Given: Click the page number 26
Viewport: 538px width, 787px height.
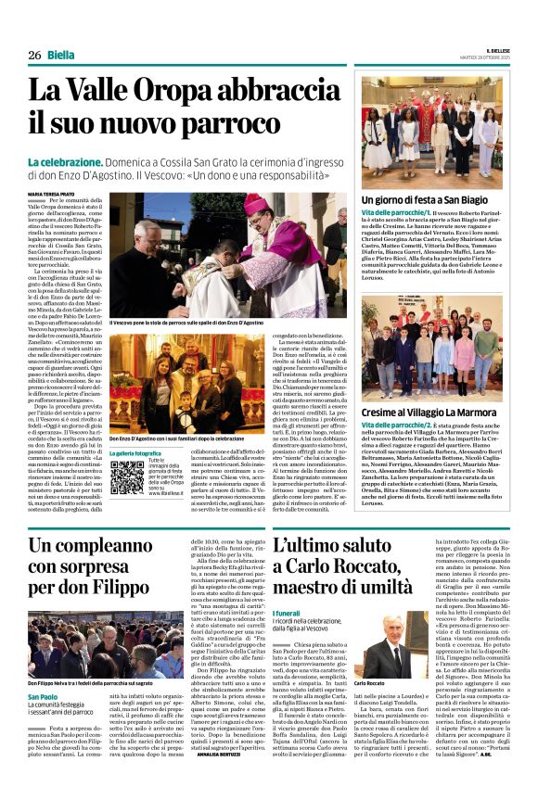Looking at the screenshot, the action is (x=34, y=55).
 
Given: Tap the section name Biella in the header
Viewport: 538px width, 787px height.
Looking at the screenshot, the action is (x=62, y=55).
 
